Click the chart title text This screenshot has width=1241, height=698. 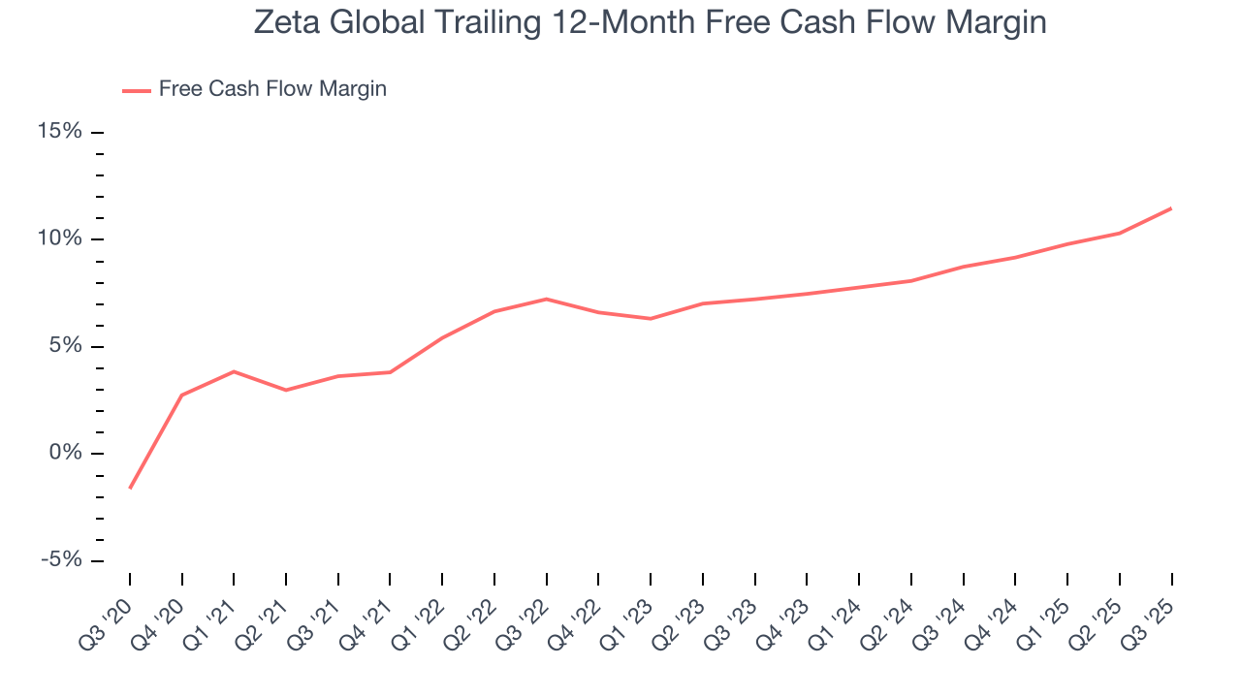click(x=650, y=22)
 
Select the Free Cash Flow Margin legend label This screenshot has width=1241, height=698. click(x=272, y=89)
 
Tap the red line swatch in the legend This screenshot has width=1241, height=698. click(x=136, y=90)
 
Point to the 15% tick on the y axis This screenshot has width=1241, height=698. click(x=97, y=132)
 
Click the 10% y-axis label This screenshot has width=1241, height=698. click(x=60, y=239)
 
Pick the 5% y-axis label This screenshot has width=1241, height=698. click(x=66, y=346)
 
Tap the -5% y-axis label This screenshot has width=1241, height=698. click(x=60, y=560)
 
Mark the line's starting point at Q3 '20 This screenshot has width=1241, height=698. click(x=130, y=488)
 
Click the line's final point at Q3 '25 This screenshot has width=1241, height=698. click(x=1171, y=208)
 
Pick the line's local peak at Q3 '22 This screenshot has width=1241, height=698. click(x=547, y=299)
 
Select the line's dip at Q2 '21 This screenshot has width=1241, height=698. click(x=286, y=390)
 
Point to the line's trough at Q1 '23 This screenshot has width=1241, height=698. click(x=651, y=318)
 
